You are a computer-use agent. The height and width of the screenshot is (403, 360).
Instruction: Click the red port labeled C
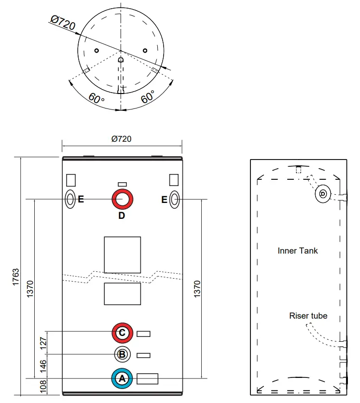122,333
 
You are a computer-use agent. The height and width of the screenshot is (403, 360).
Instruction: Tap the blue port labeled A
122,378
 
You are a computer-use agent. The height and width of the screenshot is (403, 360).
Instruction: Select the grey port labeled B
122,355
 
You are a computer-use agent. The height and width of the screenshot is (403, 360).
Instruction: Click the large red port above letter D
123,199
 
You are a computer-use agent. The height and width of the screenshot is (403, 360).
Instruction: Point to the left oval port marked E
70,199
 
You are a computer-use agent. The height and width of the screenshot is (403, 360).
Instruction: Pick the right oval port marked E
175,199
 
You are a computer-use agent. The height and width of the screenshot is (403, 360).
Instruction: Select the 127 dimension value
42,343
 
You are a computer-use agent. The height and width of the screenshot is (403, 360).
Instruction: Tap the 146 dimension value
42,366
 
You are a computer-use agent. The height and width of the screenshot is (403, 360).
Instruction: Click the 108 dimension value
42,386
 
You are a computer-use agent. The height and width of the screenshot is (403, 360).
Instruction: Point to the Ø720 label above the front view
121,139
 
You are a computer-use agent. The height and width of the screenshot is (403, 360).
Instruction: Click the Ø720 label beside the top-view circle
63,23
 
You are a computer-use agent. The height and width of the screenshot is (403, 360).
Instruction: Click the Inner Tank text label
298,251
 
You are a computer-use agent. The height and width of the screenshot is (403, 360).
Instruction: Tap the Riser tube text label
308,316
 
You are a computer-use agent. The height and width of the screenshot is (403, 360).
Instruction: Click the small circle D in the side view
322,194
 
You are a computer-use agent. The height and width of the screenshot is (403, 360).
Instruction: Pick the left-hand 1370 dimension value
30,288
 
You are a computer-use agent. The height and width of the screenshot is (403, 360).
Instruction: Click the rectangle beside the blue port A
147,378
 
